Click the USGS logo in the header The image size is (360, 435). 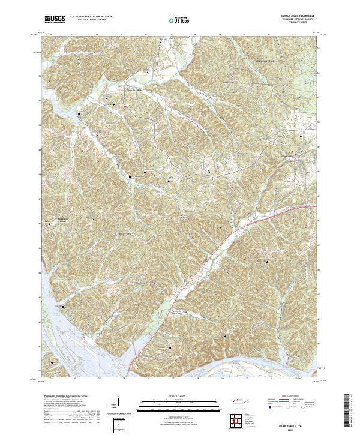pyautogui.click(x=55, y=19)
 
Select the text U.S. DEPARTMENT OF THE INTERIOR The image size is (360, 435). pyautogui.click(x=91, y=17)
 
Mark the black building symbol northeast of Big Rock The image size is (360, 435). pyautogui.click(x=301, y=137)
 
